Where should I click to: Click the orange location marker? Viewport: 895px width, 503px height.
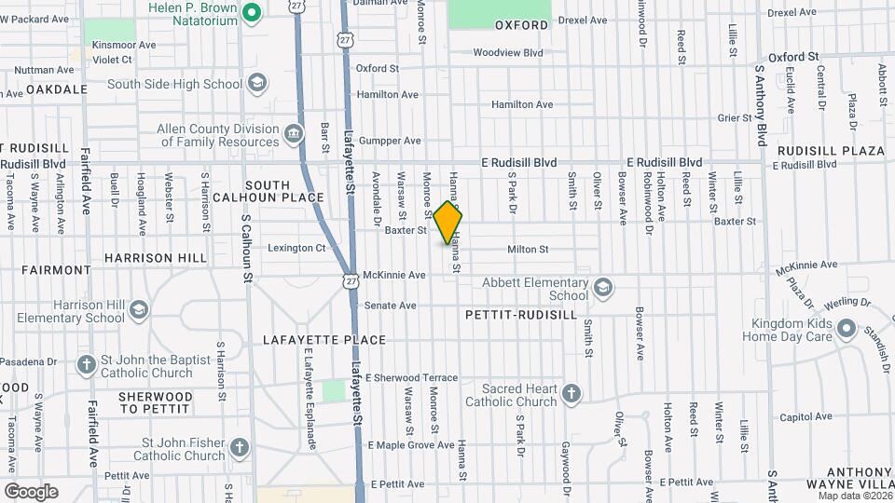click(447, 223)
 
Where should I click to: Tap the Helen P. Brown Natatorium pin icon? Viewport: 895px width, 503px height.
click(250, 12)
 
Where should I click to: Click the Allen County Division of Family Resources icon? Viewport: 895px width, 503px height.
click(294, 135)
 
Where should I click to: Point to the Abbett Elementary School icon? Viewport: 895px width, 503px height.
click(602, 288)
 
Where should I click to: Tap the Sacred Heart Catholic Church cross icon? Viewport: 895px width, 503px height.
click(571, 394)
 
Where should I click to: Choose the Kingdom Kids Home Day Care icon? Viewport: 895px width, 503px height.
click(846, 329)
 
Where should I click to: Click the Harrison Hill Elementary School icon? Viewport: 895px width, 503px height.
click(138, 310)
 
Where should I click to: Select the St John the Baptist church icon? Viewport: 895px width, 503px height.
click(86, 364)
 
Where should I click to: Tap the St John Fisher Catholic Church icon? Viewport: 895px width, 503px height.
click(240, 448)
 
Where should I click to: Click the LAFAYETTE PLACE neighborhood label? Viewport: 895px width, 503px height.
click(324, 339)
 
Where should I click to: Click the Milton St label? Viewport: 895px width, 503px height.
click(528, 249)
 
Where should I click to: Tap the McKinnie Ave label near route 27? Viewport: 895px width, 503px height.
click(394, 275)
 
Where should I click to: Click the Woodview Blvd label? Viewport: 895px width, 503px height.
click(507, 53)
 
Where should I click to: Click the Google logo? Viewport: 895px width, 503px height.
click(31, 491)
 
